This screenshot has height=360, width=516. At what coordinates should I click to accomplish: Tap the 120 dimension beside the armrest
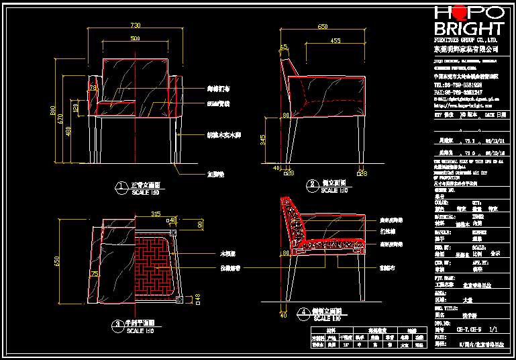76,107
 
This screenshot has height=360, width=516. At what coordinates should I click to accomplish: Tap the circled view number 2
311,184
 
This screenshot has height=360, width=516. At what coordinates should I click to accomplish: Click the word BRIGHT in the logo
468,28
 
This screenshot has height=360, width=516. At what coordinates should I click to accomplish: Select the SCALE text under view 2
329,191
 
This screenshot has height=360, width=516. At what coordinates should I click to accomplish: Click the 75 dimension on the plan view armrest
95,273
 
